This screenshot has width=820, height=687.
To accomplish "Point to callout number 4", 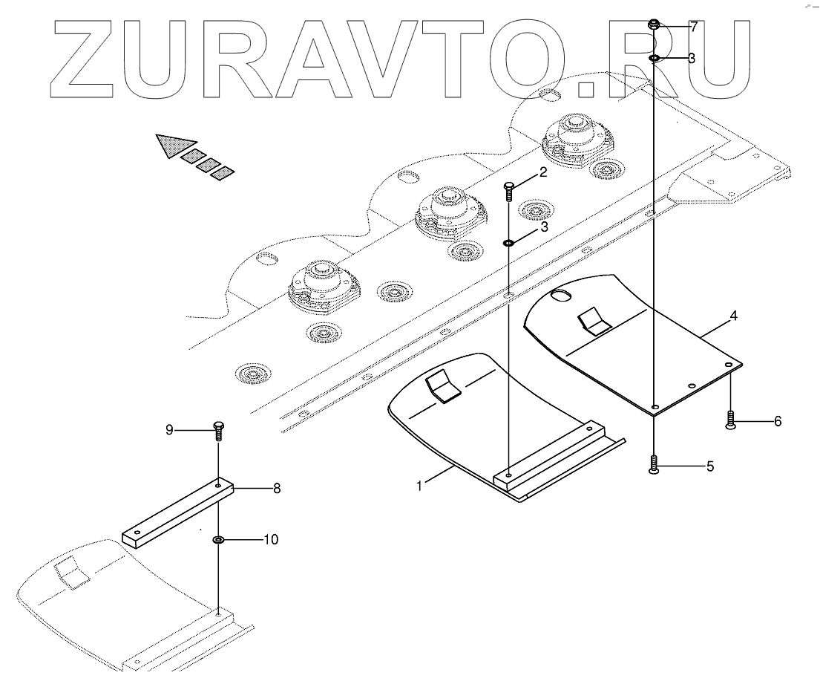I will tap(733, 316).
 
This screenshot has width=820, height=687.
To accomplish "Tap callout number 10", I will tap(271, 540).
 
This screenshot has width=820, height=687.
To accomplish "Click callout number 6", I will tap(778, 421).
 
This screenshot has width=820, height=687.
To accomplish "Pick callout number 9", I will tap(169, 429).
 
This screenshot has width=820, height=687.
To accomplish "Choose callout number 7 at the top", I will tap(693, 27).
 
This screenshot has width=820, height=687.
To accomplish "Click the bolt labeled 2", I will tap(509, 191).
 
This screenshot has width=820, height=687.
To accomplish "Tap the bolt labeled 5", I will tap(653, 465).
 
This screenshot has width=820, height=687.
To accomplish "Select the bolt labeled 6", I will tap(730, 420).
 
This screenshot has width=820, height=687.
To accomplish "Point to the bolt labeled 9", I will tap(219, 431).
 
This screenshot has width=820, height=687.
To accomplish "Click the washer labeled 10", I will tap(219, 539).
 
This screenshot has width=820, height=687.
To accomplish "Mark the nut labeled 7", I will tap(654, 25).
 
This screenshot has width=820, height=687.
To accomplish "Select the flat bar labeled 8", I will tap(178, 512).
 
